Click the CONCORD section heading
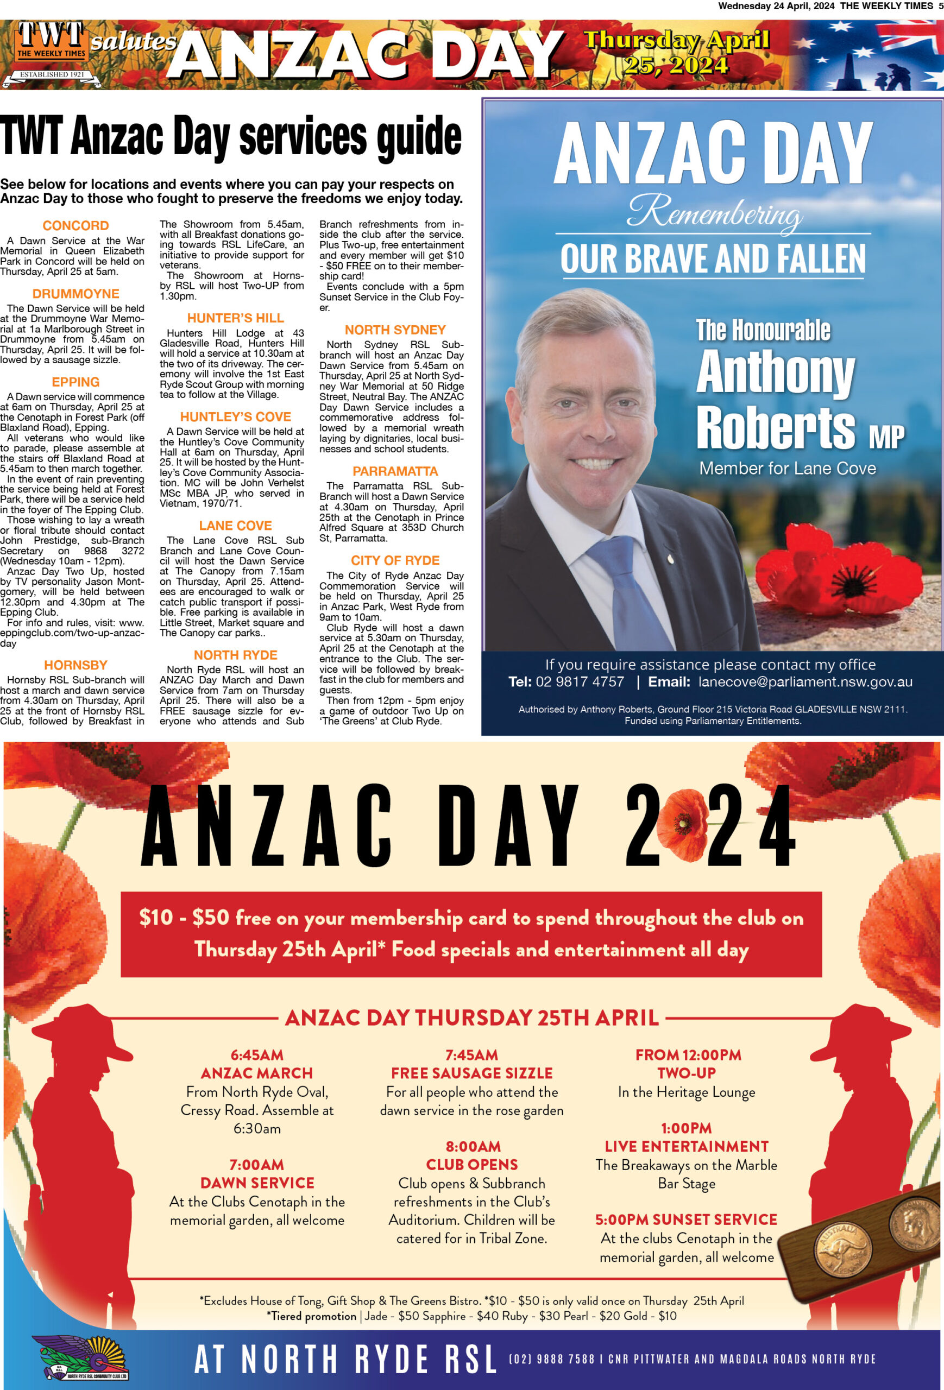pos(75,225)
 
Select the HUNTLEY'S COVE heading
pos(235,416)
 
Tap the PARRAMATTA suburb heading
pos(395,471)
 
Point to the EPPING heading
pos(75,382)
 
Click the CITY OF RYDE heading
pos(395,560)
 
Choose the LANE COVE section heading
pos(235,525)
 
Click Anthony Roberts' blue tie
pos(628,592)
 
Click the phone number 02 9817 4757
pos(580,682)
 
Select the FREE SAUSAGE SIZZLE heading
pos(471,1073)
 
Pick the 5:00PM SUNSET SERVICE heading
pos(685,1219)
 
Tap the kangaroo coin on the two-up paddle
pos(844,1249)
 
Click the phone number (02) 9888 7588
pos(550,1359)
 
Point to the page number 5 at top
pos(940,6)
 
